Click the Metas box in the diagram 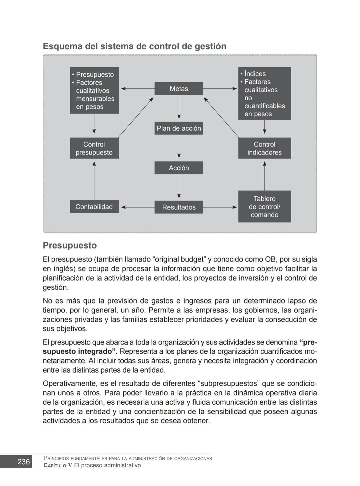click(x=179, y=89)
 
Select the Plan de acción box click(x=179, y=128)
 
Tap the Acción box click(x=179, y=168)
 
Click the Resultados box click(x=179, y=207)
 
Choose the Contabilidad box click(x=94, y=207)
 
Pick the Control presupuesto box click(x=94, y=148)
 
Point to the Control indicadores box click(x=264, y=148)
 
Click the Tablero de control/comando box click(x=264, y=207)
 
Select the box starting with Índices click(x=264, y=94)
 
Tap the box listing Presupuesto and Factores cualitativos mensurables click(x=94, y=91)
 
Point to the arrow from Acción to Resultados click(x=179, y=187)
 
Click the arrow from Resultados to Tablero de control click(x=220, y=207)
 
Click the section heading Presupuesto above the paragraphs click(x=70, y=245)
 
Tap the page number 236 click(x=23, y=462)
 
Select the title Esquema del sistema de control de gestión click(x=134, y=46)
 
